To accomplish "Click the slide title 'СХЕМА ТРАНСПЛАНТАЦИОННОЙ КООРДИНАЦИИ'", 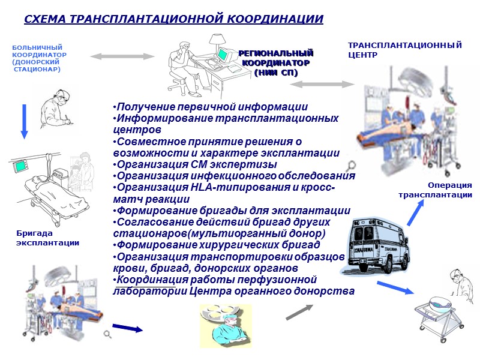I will tap(173, 19).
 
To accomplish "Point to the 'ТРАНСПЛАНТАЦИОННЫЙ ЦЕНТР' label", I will tap(405, 49).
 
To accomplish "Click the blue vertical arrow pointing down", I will tap(24, 121).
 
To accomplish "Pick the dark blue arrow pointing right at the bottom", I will tap(128, 328).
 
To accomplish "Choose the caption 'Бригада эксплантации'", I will tap(47, 238).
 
